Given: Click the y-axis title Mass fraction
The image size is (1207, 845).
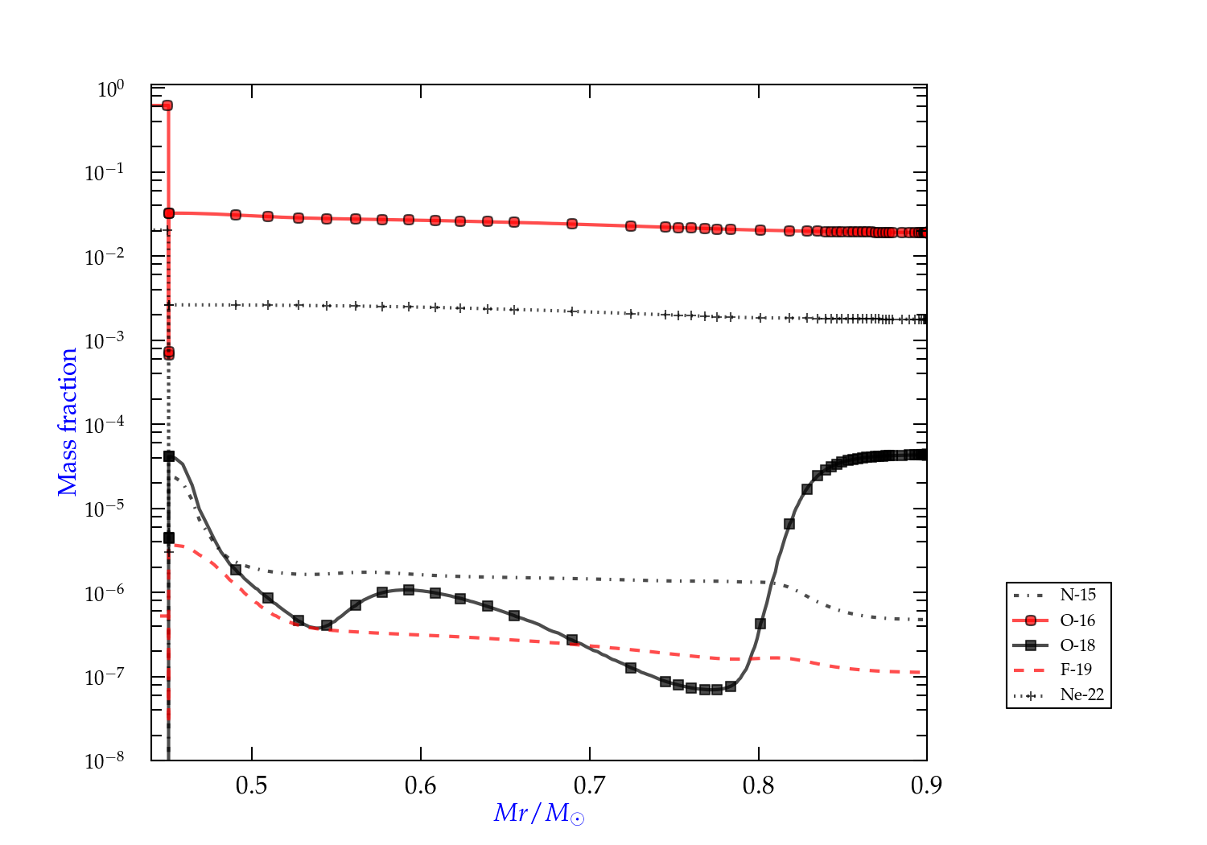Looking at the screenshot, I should pyautogui.click(x=67, y=422).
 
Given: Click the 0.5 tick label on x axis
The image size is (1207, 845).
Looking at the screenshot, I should pyautogui.click(x=252, y=785).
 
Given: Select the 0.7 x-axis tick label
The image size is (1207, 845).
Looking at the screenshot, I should pyautogui.click(x=590, y=785).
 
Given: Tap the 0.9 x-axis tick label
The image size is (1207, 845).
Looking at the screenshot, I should pyautogui.click(x=926, y=785).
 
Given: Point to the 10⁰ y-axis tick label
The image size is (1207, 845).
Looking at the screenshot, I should pyautogui.click(x=110, y=89).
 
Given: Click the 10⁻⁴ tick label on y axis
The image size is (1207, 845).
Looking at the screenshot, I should pyautogui.click(x=105, y=426).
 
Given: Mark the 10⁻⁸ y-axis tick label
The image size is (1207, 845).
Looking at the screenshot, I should pyautogui.click(x=105, y=761).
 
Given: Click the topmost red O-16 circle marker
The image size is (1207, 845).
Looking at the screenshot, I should pyautogui.click(x=167, y=105).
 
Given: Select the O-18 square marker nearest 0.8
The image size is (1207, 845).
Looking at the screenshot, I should pyautogui.click(x=760, y=624).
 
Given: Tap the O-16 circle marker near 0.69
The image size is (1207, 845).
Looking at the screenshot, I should pyautogui.click(x=572, y=224).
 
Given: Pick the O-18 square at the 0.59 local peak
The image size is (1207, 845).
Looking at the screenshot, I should pyautogui.click(x=409, y=590).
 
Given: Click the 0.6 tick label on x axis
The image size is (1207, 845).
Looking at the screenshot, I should pyautogui.click(x=421, y=785).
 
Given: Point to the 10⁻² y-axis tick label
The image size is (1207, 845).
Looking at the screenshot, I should pyautogui.click(x=105, y=258).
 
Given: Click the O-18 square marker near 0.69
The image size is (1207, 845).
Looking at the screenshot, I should pyautogui.click(x=572, y=640).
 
